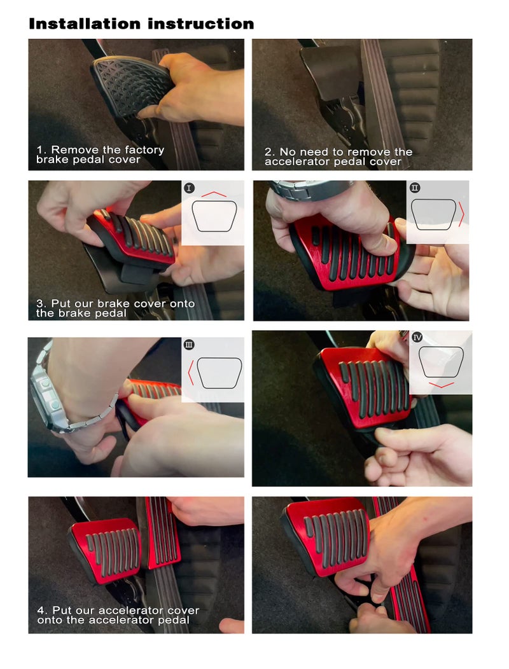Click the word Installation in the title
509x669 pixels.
point(85,24)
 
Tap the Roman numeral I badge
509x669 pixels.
point(189,188)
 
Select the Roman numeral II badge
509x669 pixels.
point(415,188)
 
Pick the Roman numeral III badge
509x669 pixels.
point(189,344)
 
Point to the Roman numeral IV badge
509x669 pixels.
point(417,338)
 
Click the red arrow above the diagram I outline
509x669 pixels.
point(214,194)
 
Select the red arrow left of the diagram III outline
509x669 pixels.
point(190,373)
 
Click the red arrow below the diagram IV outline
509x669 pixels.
point(441,385)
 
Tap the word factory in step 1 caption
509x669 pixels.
point(144,150)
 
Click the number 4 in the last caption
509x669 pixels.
point(41,610)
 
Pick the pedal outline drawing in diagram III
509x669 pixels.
point(219,373)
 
